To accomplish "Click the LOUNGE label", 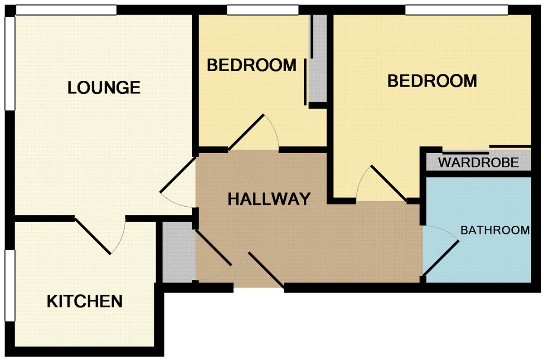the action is coord(104,88).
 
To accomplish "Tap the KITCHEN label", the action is coord(84,301).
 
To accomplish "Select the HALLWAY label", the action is coord(269,199).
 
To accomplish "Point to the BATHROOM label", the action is coord(495,230).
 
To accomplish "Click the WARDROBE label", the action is coord(479,163).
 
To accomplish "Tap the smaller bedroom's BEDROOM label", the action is coord(252,65).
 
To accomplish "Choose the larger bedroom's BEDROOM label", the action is coord(432,81).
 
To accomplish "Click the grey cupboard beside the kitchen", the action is coord(179,252).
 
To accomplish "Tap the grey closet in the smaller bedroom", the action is coord(318,58).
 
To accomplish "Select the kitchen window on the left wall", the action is coord(10,286).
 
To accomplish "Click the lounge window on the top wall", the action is coord(66,10).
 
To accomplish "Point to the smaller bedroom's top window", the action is coord(263,10).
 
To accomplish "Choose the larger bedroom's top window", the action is coord(457,10).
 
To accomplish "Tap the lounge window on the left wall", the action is coord(10,63).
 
